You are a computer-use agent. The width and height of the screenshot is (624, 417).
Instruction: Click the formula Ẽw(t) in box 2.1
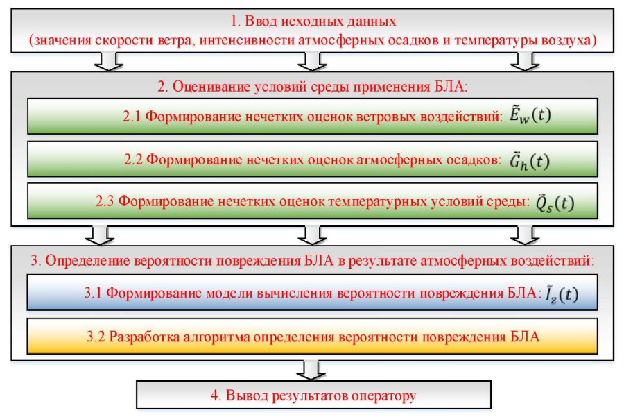tap(530, 115)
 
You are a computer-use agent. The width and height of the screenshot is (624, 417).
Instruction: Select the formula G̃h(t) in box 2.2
tap(530, 160)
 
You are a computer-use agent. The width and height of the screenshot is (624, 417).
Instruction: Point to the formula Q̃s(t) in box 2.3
tap(555, 203)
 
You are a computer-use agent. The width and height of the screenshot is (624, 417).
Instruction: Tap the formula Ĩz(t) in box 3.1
tap(562, 294)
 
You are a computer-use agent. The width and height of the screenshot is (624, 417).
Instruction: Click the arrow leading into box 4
tap(311, 370)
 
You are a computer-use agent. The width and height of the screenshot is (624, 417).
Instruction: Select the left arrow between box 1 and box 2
tap(108, 61)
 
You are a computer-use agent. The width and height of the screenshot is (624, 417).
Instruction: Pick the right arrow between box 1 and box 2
tap(525, 61)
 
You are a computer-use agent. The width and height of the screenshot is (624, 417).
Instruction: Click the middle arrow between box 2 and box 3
tap(312, 235)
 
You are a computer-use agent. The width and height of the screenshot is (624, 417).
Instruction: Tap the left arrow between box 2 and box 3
tap(100, 235)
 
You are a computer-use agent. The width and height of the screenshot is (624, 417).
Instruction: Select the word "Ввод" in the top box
tap(261, 21)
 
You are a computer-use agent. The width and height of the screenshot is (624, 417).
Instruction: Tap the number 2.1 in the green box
tap(132, 117)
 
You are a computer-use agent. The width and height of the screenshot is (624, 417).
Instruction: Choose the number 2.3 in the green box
tap(105, 201)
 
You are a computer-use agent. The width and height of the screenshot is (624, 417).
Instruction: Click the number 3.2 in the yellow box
tap(96, 337)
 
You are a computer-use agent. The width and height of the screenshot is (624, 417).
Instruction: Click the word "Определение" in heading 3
tap(87, 261)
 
